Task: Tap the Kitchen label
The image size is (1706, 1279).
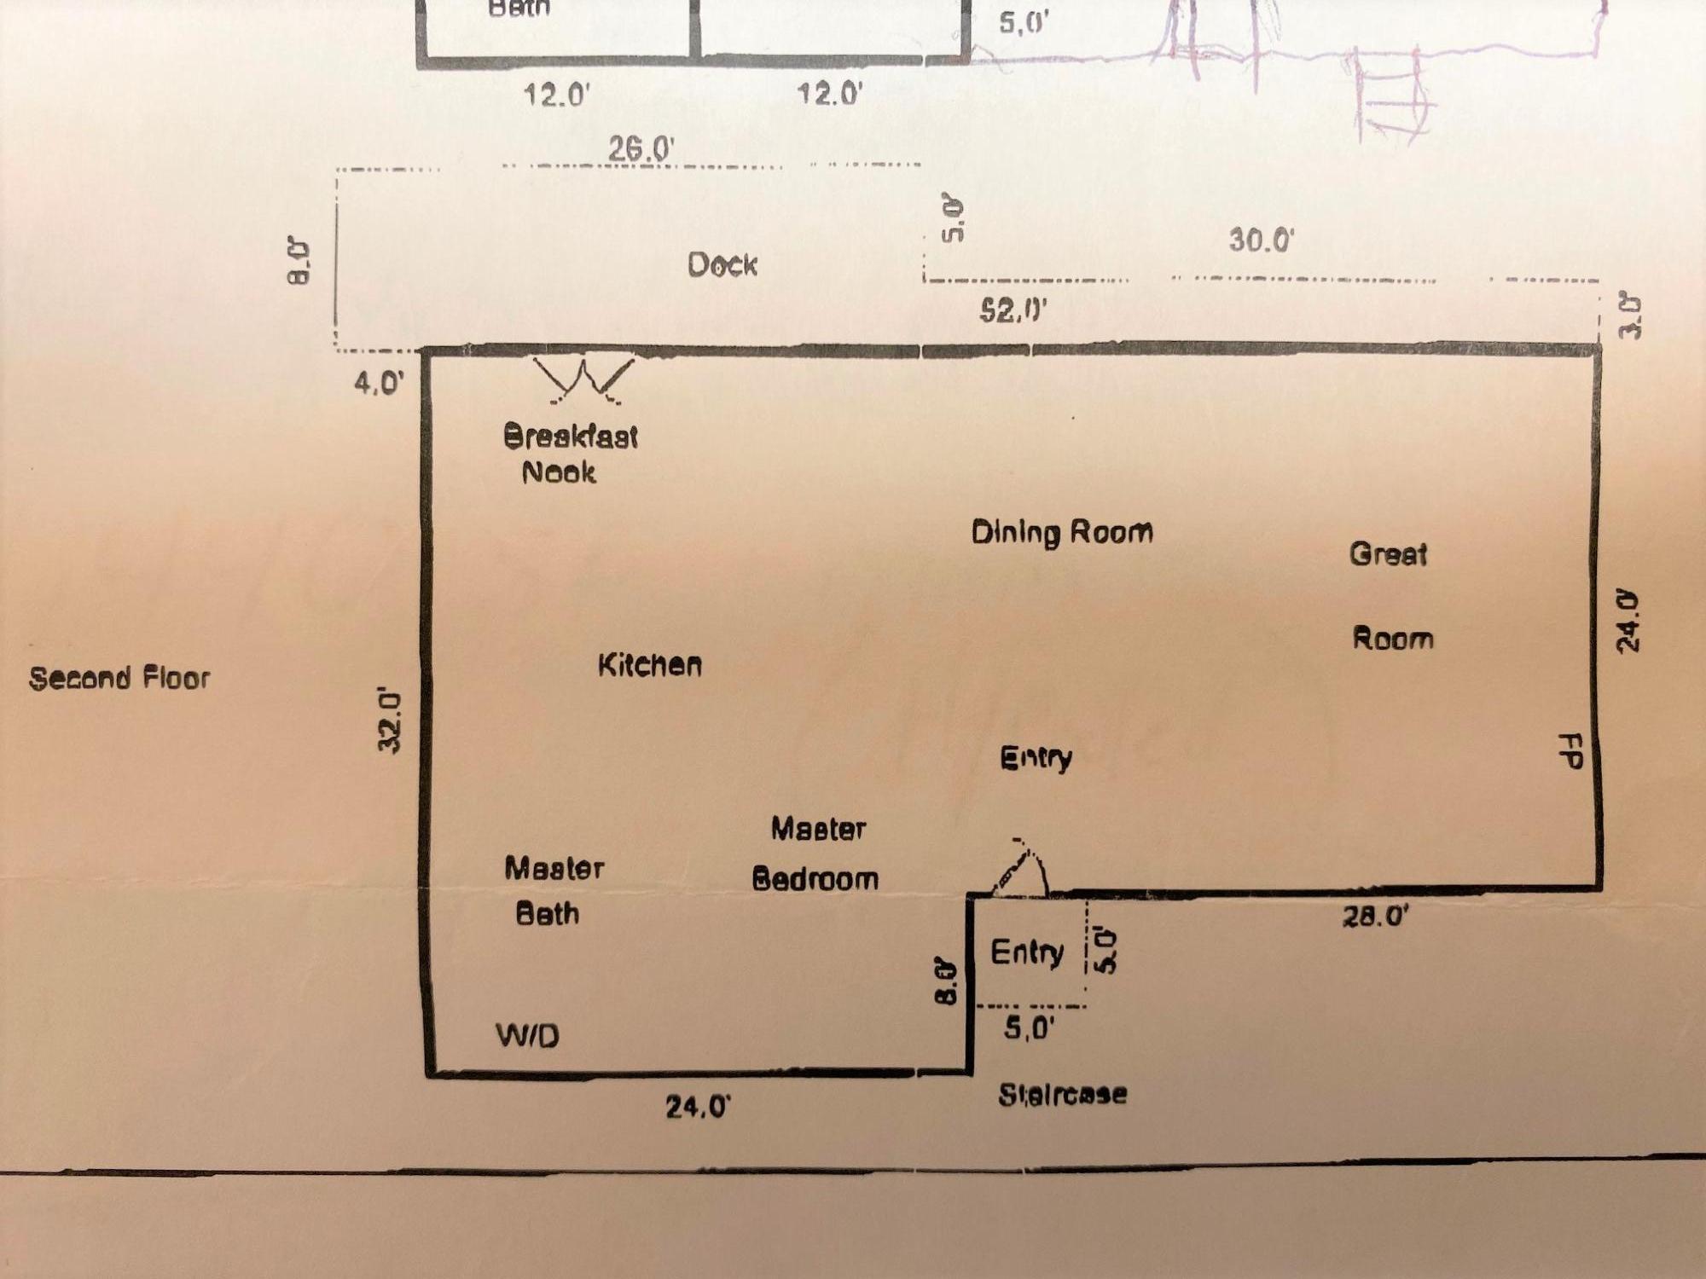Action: point(650,665)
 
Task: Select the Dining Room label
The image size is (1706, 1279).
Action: point(1062,533)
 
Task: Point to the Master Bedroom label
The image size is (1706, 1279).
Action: point(816,854)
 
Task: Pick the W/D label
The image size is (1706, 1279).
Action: point(528,1036)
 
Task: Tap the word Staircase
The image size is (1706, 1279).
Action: point(1063,1094)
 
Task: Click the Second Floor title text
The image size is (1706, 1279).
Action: point(119,679)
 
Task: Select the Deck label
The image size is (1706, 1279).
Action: point(722,265)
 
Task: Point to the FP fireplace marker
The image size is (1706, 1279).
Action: point(1570,751)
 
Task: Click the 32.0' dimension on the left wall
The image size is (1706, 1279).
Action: point(389,721)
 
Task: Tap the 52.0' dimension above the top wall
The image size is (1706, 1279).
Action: point(1013,310)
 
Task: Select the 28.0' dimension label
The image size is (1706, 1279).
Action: point(1375,917)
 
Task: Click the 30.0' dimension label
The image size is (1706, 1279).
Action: point(1261,240)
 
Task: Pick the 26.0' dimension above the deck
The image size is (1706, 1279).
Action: point(641,149)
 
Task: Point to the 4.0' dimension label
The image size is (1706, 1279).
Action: point(379,383)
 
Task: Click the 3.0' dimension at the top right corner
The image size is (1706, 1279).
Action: point(1630,316)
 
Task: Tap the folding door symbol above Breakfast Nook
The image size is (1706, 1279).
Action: point(584,379)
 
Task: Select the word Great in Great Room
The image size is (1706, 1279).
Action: point(1388,554)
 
